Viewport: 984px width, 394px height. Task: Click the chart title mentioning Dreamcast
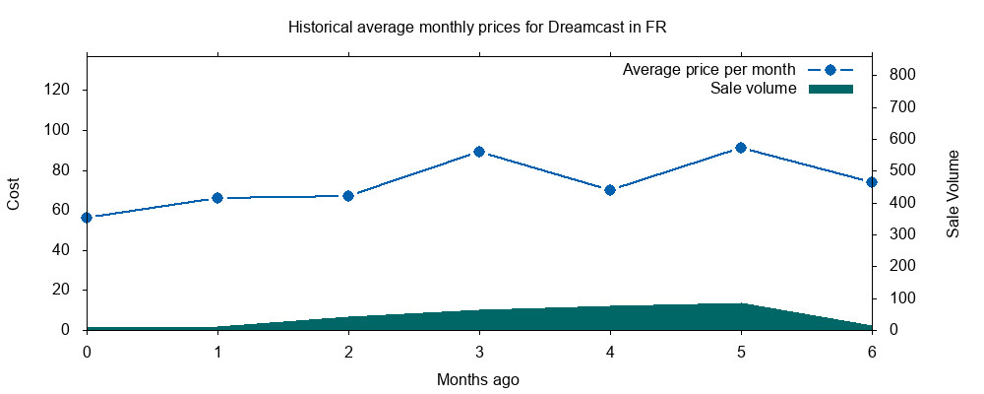tap(477, 28)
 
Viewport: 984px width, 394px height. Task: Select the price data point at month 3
tap(479, 152)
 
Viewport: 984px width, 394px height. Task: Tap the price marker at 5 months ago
tap(741, 148)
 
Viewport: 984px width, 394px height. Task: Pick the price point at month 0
tap(87, 218)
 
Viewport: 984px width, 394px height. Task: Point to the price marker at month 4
tap(610, 190)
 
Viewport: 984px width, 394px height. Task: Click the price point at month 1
tap(217, 198)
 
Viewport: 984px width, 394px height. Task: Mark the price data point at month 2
tap(348, 196)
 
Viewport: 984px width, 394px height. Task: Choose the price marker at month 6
tap(872, 182)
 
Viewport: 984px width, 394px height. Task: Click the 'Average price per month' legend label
tap(708, 71)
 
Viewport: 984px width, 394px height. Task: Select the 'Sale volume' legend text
tap(753, 90)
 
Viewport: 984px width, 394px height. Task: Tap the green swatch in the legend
tap(830, 90)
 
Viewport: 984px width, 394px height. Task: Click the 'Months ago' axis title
tap(478, 379)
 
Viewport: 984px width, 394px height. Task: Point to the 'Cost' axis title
tap(14, 193)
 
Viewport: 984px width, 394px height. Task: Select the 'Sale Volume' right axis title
tap(953, 193)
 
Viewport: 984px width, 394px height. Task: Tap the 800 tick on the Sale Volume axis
tap(903, 75)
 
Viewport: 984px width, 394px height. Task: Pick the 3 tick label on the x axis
tap(479, 351)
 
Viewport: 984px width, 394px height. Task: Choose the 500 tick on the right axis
tap(903, 170)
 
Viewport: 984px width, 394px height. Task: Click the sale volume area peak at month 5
tap(741, 304)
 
